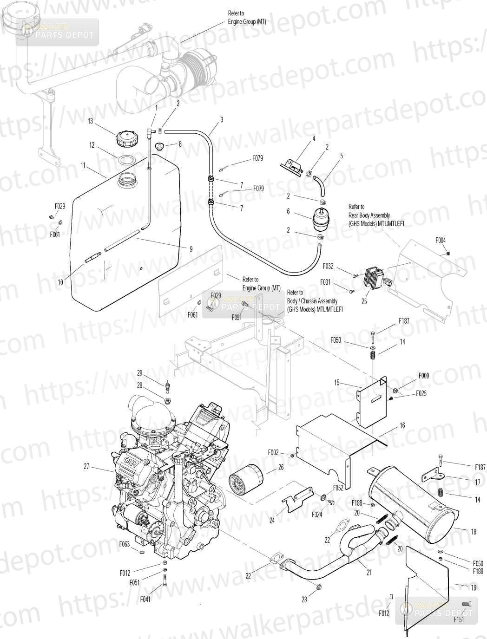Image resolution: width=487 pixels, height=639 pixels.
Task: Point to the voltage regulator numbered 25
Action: click(x=376, y=276)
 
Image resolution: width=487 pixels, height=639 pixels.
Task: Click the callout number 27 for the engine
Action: click(x=86, y=466)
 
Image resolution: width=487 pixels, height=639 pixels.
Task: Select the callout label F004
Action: click(x=441, y=240)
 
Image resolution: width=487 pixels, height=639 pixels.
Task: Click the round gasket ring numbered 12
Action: click(x=126, y=160)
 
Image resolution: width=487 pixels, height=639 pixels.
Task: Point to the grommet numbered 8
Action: click(x=159, y=145)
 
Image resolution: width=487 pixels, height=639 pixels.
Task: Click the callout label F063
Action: click(x=125, y=544)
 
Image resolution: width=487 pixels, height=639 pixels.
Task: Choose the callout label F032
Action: click(x=328, y=266)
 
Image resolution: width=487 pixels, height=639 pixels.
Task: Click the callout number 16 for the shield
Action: click(x=402, y=425)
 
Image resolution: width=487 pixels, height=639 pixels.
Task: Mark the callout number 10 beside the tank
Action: click(x=60, y=282)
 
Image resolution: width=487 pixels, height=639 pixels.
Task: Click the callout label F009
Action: click(x=424, y=376)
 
